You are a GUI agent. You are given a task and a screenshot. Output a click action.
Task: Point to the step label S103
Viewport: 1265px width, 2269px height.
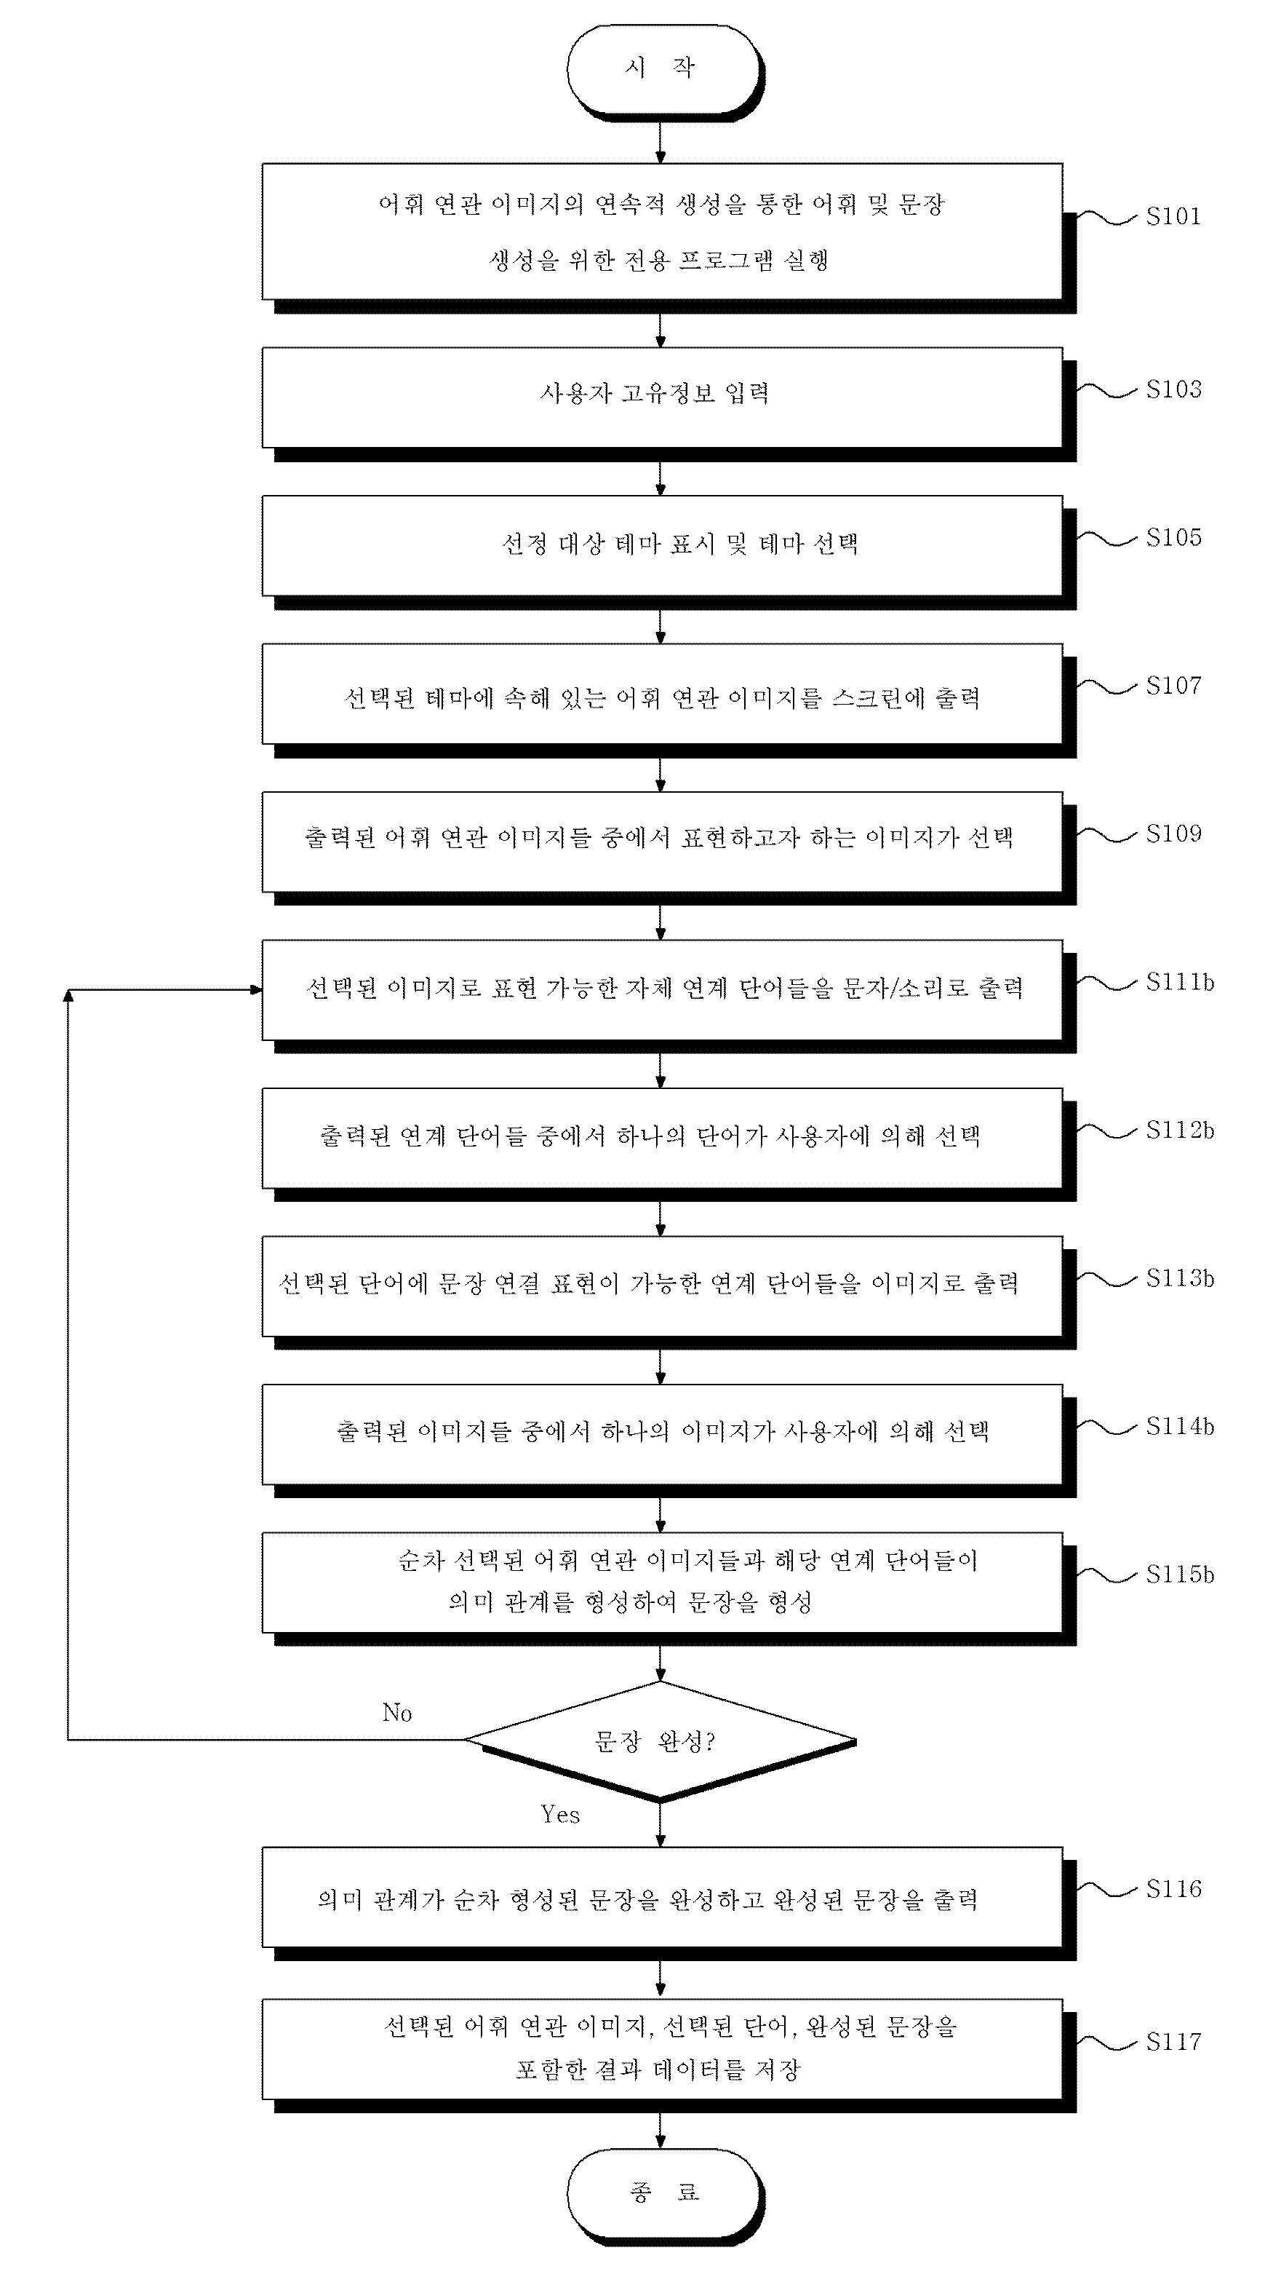1173,389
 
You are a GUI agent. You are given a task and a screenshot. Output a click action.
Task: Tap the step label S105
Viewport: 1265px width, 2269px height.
1173,537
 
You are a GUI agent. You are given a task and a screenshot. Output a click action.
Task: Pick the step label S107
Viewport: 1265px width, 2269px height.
1173,685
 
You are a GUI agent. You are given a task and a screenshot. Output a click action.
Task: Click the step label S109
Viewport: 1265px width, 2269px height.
1173,833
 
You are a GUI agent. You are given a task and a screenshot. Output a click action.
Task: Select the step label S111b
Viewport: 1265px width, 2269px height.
1180,982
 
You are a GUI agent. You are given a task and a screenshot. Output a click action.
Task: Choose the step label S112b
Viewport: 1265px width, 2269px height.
1180,1130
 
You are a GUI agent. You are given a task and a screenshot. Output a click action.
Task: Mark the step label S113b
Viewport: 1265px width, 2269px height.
1180,1278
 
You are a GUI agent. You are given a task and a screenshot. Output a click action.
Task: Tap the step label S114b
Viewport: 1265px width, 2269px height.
1180,1426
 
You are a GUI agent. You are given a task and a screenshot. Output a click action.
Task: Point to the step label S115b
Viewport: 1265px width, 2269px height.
1180,1574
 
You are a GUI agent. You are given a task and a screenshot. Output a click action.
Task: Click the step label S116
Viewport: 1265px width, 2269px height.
1173,1888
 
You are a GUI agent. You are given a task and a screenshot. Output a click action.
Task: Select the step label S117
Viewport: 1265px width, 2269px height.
1173,2042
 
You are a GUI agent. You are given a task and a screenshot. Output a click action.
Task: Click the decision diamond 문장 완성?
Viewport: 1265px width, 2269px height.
661,1740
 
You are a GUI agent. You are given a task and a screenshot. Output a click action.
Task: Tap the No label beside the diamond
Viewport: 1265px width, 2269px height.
397,1712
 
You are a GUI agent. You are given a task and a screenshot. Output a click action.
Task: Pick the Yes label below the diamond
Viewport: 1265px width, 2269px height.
561,1815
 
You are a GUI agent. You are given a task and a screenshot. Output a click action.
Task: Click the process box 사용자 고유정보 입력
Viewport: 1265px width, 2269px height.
662,397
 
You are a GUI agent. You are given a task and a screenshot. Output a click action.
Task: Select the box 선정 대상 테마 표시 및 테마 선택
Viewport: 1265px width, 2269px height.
662,545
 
